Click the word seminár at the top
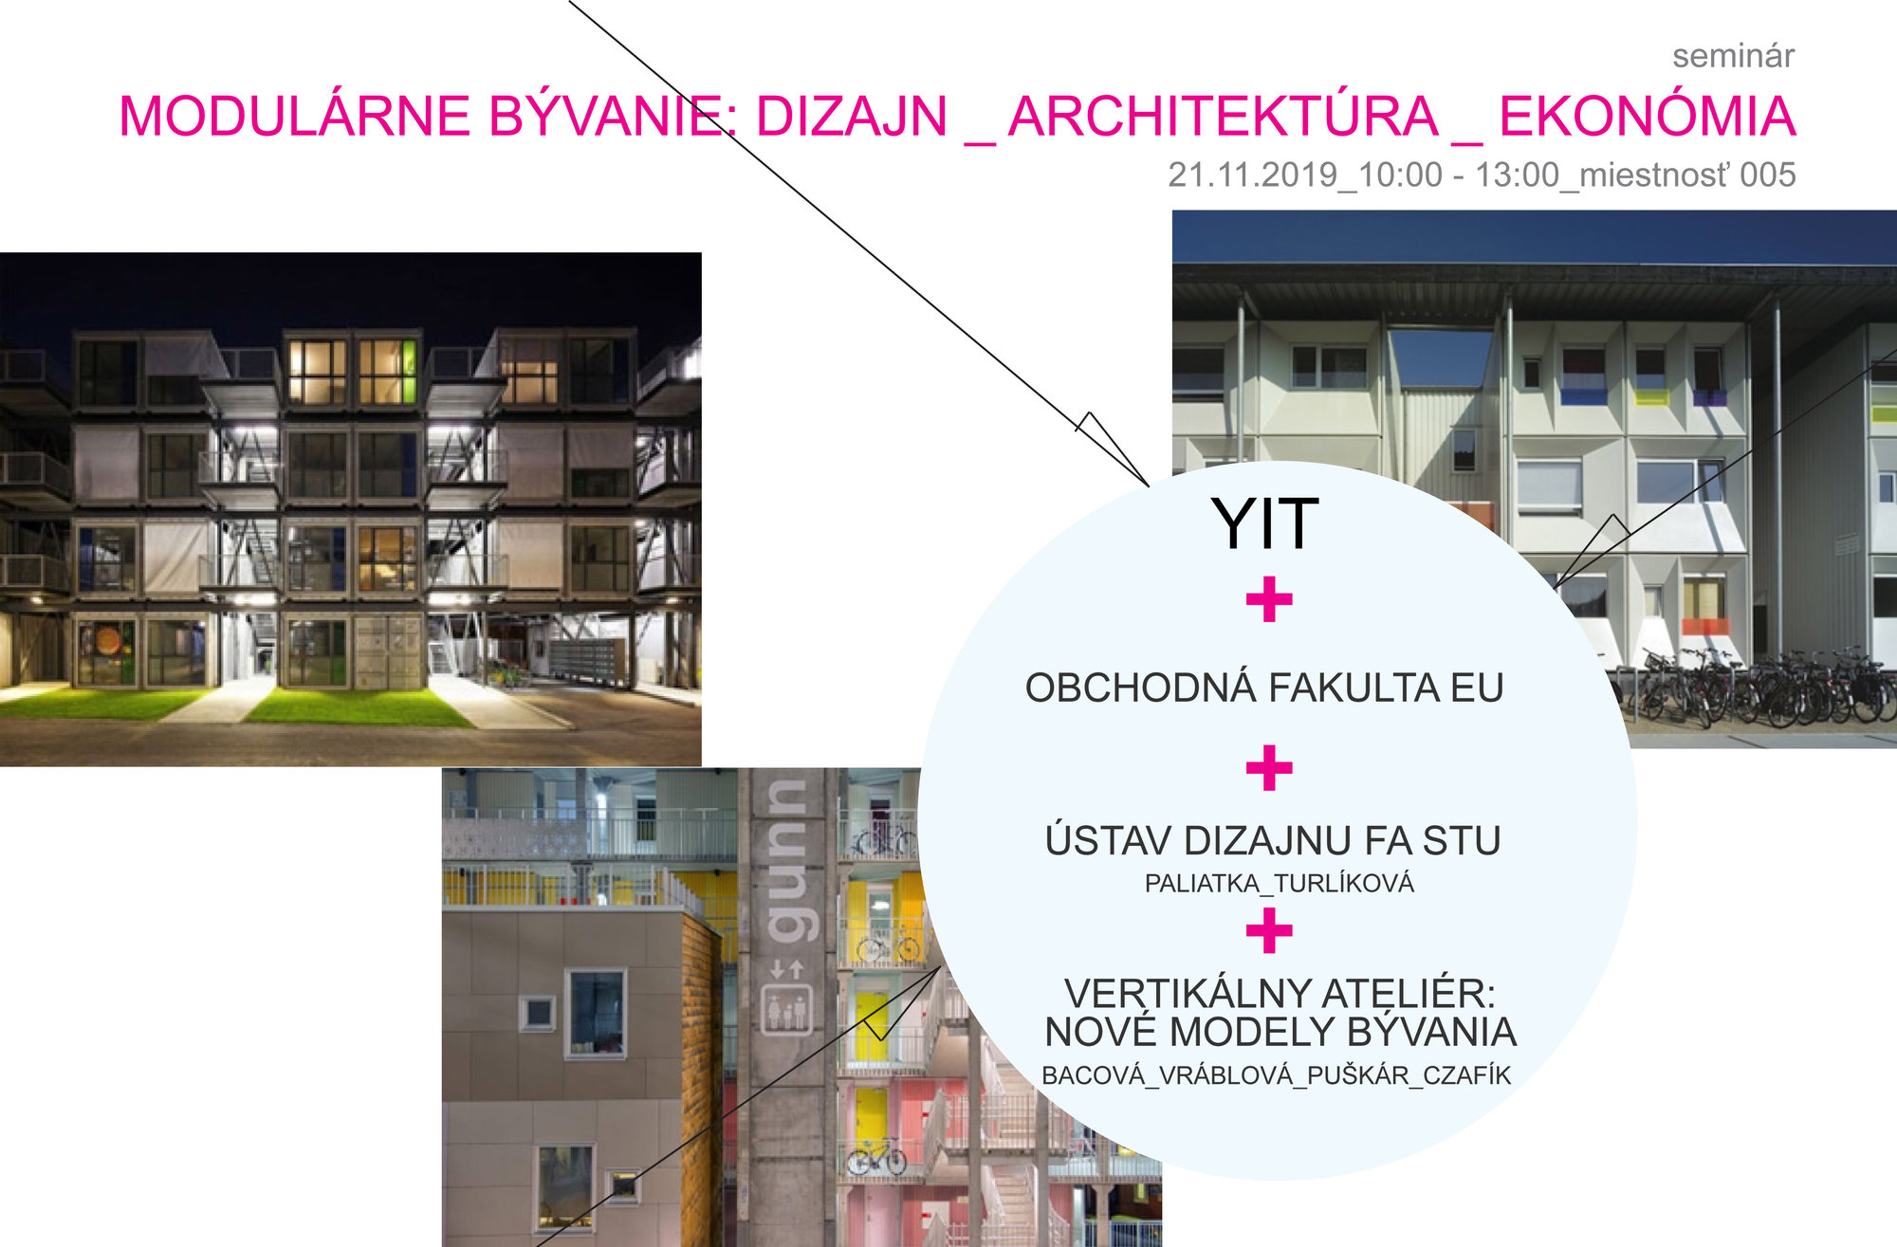click(x=1733, y=56)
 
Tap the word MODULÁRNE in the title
click(x=295, y=117)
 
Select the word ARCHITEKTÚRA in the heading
click(x=1224, y=117)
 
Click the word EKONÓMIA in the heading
click(x=1648, y=117)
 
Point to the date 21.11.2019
click(x=1253, y=174)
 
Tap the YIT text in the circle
click(x=1265, y=523)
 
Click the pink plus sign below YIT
click(x=1269, y=599)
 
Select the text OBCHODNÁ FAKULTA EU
click(x=1264, y=688)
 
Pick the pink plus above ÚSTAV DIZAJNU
click(x=1269, y=767)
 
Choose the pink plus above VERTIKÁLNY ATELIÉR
click(x=1269, y=930)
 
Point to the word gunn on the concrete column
click(x=785, y=861)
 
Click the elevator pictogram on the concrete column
click(x=786, y=1011)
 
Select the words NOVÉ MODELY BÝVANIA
click(x=1280, y=1032)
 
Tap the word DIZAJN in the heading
click(x=852, y=117)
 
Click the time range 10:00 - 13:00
click(x=1459, y=174)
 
